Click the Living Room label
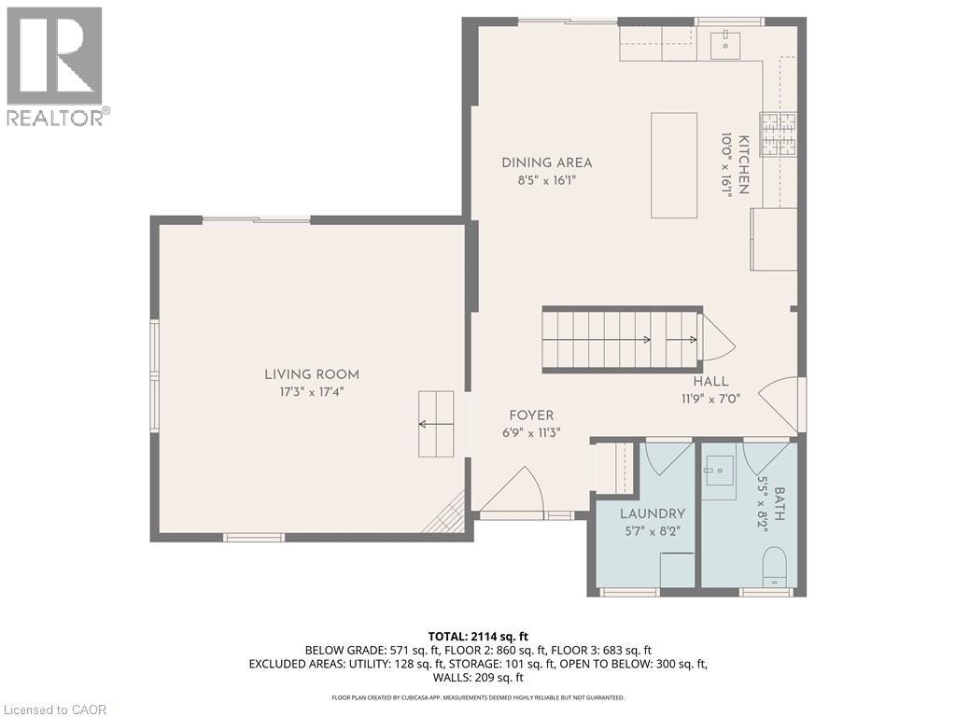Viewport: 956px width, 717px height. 311,374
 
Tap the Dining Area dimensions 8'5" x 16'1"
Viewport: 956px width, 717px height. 546,181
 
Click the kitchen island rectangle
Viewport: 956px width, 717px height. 674,165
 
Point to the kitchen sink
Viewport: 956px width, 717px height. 724,44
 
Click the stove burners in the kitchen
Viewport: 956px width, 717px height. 778,134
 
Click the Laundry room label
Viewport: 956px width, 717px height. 653,513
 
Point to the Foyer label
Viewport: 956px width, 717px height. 531,415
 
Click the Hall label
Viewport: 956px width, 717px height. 710,381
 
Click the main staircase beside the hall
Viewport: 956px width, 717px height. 620,340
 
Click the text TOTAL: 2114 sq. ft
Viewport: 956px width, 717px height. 477,636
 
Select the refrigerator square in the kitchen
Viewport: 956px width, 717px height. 774,239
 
